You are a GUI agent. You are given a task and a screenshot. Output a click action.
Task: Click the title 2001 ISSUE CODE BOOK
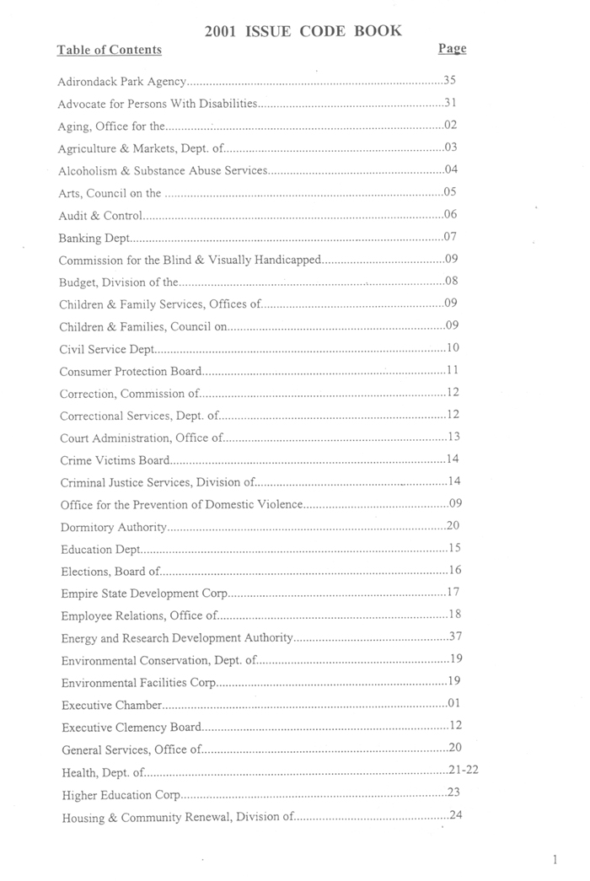click(x=303, y=31)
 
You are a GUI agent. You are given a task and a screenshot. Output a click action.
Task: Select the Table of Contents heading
click(x=109, y=50)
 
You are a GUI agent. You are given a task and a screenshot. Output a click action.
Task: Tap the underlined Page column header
click(x=452, y=49)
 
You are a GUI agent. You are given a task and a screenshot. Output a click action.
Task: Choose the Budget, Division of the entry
click(x=119, y=282)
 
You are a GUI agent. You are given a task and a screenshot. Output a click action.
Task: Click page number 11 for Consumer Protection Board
click(x=452, y=370)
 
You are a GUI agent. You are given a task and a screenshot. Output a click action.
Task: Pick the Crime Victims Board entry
click(x=115, y=460)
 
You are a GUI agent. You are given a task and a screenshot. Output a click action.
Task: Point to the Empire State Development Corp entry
click(x=144, y=594)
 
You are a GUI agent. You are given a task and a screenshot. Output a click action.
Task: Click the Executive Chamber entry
click(x=111, y=704)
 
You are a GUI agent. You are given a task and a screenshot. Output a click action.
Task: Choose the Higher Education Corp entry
click(x=121, y=794)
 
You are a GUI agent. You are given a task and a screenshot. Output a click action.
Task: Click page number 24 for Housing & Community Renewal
click(x=456, y=815)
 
